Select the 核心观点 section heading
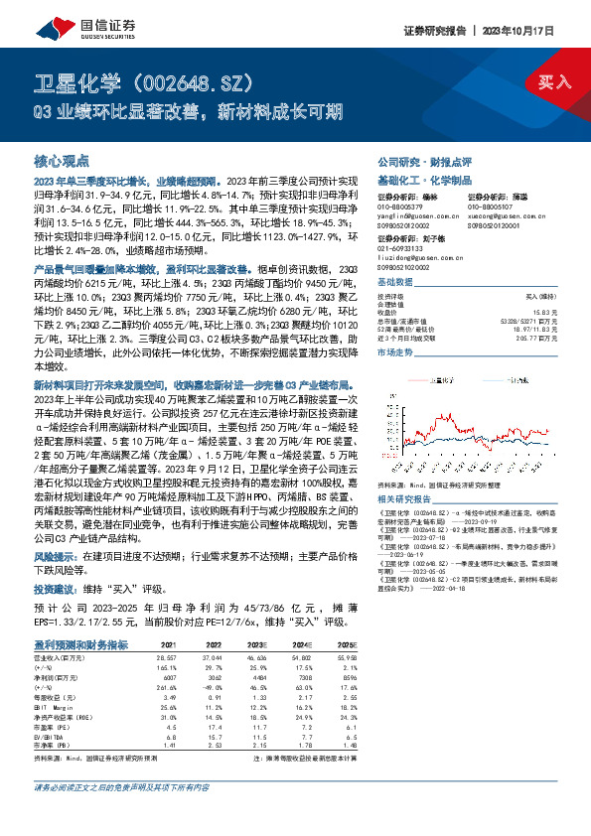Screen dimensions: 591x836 point(62,159)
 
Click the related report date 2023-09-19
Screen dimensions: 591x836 point(475,521)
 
